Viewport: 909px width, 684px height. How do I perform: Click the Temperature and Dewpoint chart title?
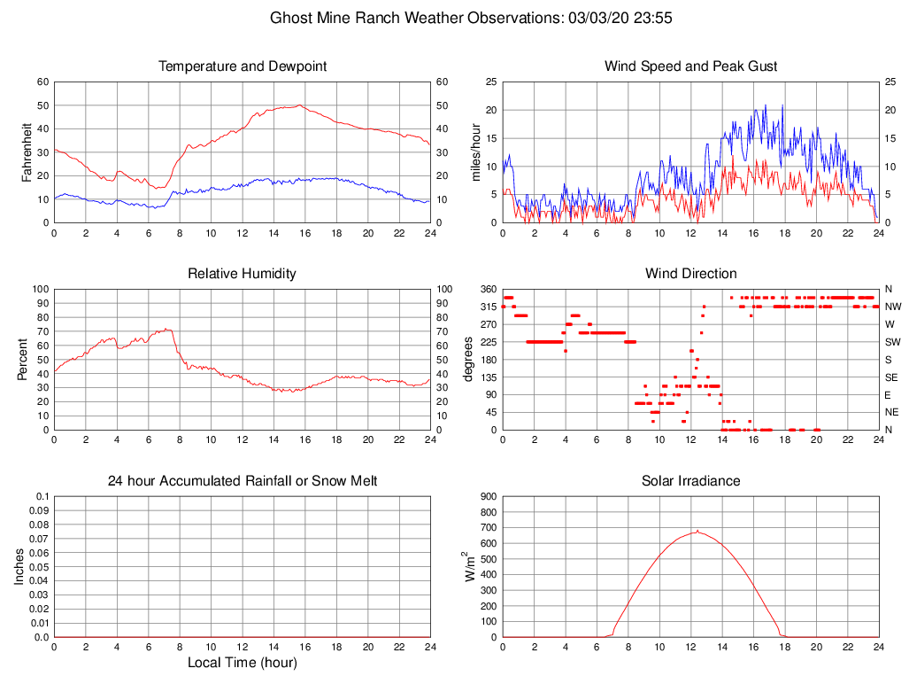click(x=242, y=66)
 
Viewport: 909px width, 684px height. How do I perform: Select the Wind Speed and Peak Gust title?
click(x=690, y=66)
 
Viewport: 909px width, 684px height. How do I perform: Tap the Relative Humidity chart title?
click(x=242, y=274)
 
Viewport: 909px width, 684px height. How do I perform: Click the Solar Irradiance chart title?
click(x=690, y=481)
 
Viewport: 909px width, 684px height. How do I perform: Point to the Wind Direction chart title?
click(x=690, y=274)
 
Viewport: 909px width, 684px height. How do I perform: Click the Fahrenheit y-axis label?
click(x=27, y=152)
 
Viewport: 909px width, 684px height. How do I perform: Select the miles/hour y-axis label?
click(x=475, y=152)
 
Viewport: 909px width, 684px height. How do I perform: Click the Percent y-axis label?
click(x=22, y=359)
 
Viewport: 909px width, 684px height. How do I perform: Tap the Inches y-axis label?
click(x=19, y=566)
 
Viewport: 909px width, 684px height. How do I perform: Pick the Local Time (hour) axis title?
click(x=242, y=663)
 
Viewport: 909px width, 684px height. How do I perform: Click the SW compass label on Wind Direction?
click(x=892, y=342)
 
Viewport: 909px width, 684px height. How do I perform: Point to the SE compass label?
click(x=892, y=377)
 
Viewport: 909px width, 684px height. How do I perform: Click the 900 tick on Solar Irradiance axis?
click(x=489, y=497)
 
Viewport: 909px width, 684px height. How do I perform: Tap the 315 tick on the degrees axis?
click(x=489, y=307)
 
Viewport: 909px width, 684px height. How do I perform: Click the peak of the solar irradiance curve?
click(x=697, y=531)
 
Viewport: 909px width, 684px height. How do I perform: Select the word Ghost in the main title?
click(x=289, y=18)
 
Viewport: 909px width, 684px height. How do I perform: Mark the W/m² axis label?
click(x=471, y=566)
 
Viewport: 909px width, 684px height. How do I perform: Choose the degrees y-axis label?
click(x=466, y=359)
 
